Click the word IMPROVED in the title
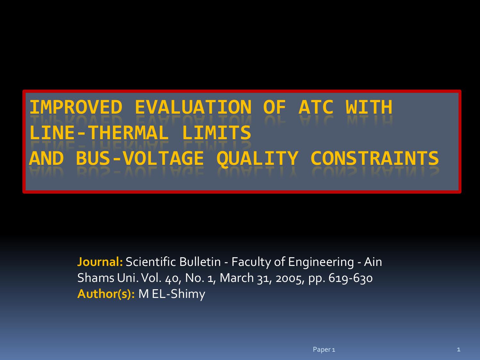(x=76, y=107)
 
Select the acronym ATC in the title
(x=316, y=107)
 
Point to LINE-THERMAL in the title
(x=99, y=133)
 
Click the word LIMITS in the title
(x=216, y=133)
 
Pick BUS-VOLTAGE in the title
(x=140, y=158)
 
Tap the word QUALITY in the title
(x=257, y=158)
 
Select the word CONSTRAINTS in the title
(x=374, y=158)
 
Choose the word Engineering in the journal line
(x=321, y=262)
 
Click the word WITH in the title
(x=369, y=107)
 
